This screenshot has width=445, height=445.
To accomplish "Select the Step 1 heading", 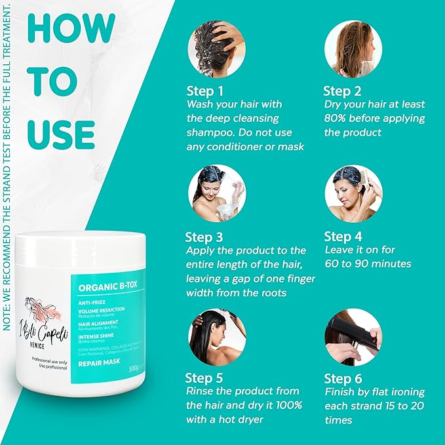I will pos(204,90).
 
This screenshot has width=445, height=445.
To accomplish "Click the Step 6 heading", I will pos(343,378).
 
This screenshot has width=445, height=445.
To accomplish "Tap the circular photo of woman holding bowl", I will pos(217,193).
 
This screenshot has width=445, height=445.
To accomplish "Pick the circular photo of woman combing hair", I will pos(353,193).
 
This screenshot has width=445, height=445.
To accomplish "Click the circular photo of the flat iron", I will pos(353,337).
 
